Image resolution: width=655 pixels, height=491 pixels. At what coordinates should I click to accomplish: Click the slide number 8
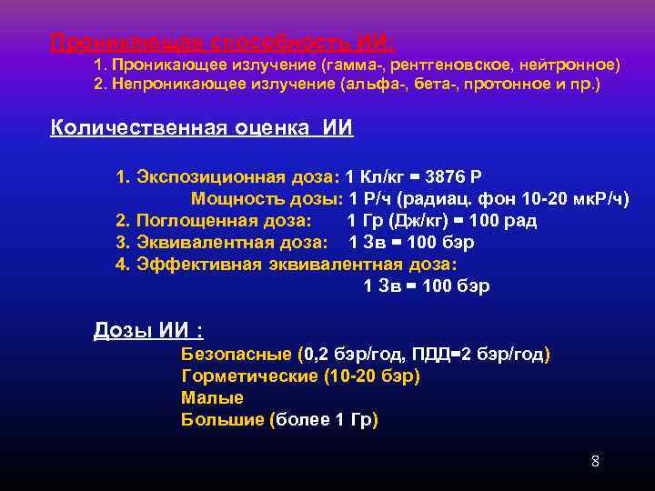click(x=595, y=460)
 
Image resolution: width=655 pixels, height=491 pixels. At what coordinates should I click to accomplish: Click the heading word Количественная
click(x=138, y=128)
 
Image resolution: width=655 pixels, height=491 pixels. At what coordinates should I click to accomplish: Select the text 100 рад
click(x=502, y=220)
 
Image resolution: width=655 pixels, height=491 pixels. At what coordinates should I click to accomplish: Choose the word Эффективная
click(x=199, y=265)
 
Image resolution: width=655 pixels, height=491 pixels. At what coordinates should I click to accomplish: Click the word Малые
click(x=212, y=397)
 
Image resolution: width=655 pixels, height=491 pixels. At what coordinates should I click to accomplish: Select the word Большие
click(x=223, y=419)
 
